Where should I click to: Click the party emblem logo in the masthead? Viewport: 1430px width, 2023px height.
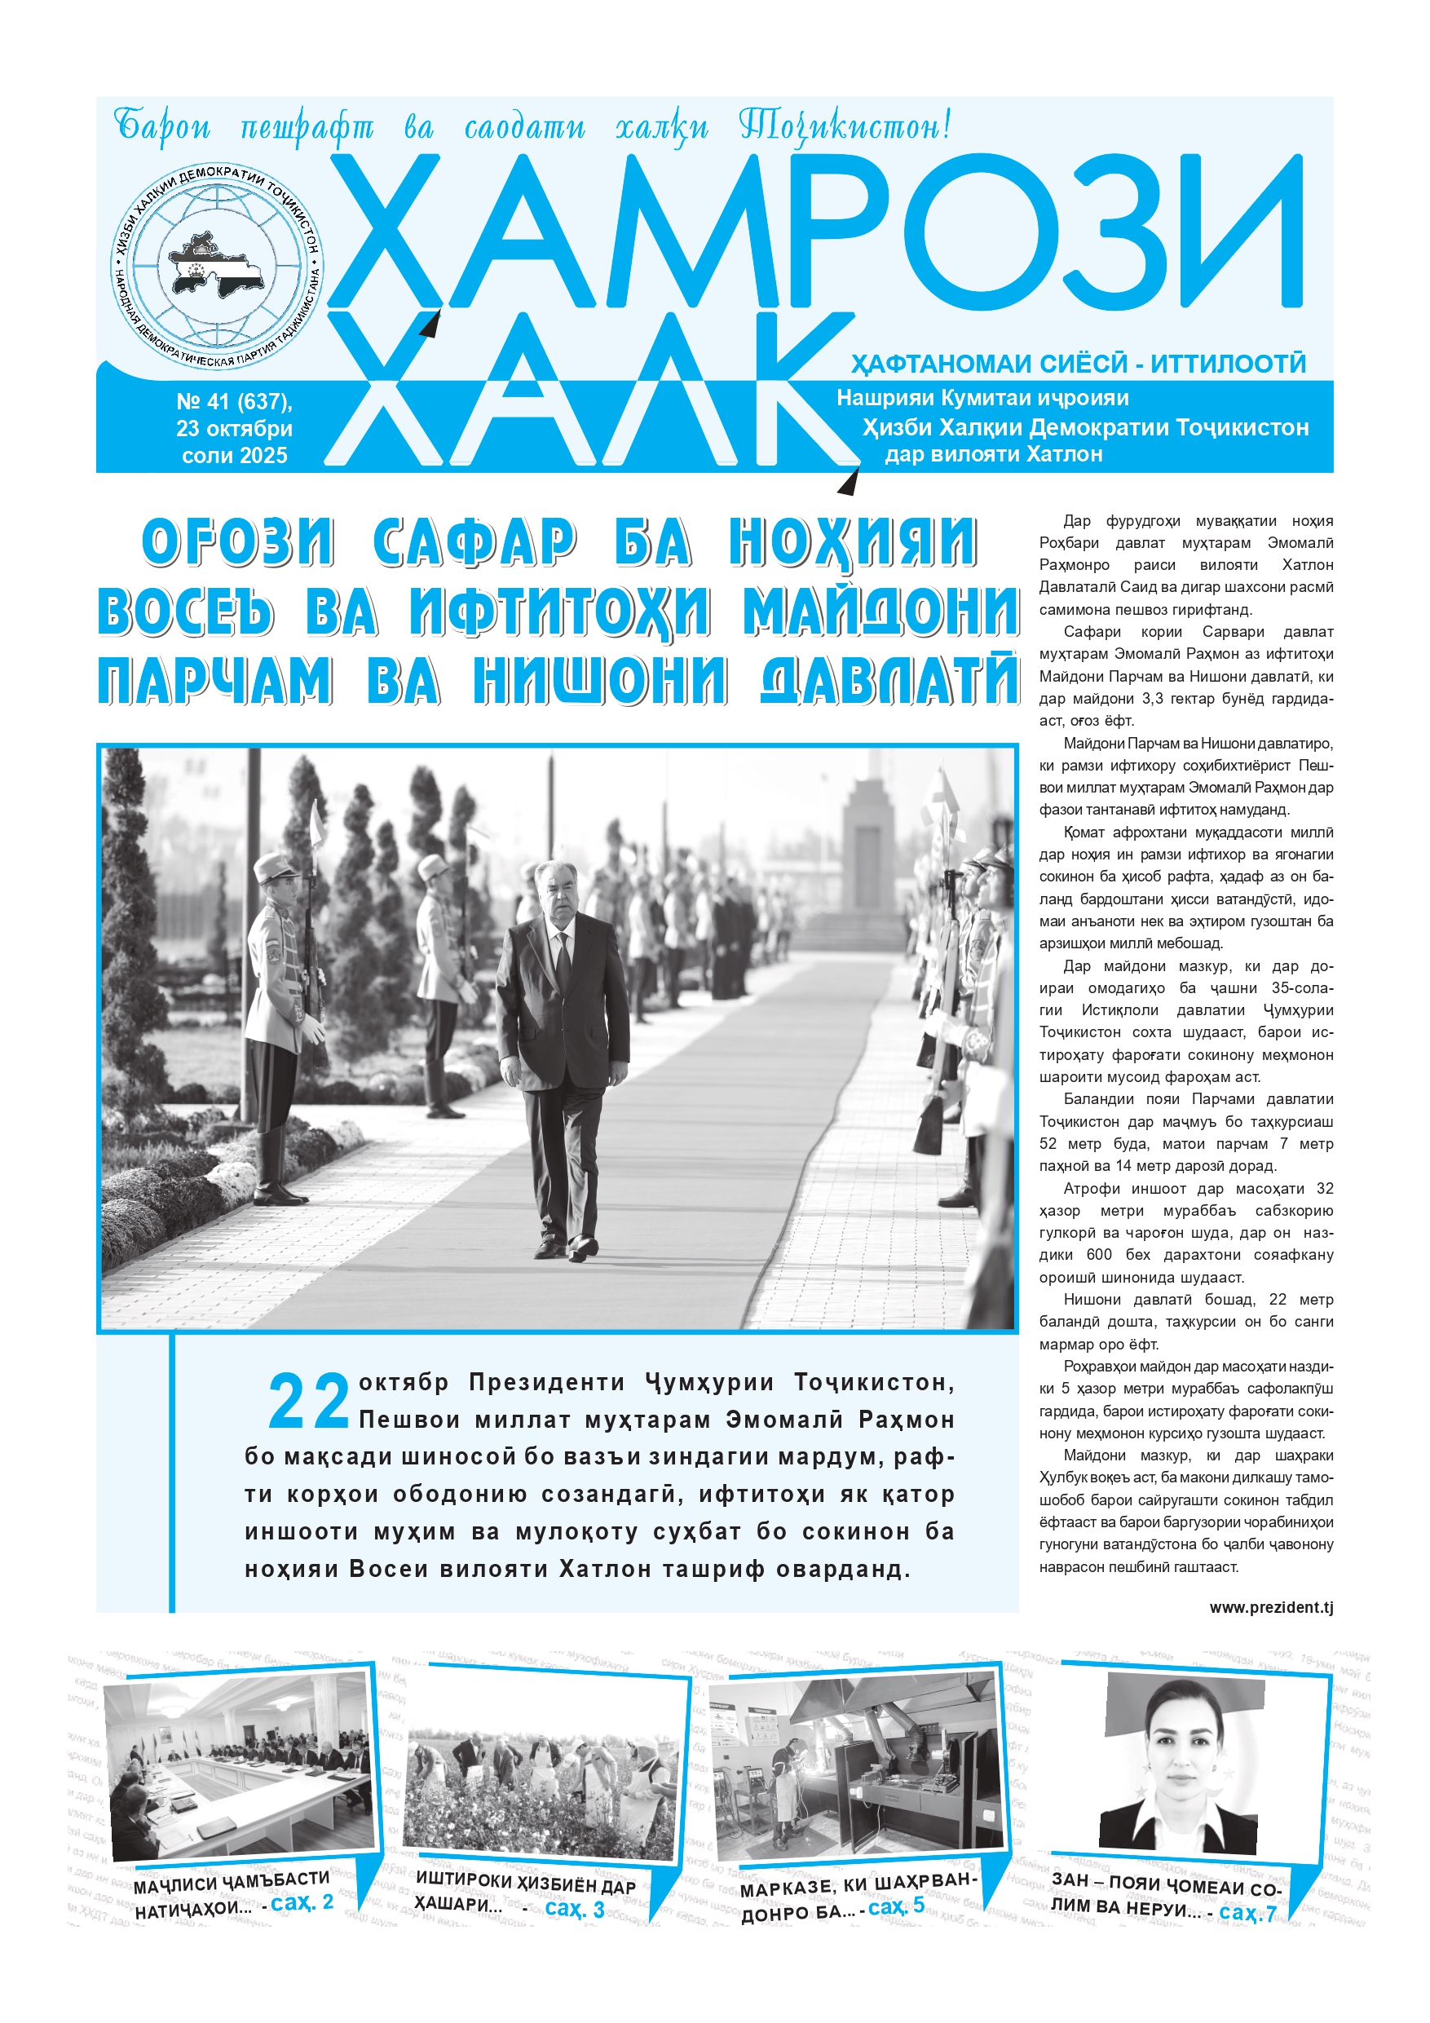218,265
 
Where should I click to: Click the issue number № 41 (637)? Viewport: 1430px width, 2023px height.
234,402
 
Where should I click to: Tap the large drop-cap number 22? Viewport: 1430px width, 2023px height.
308,1401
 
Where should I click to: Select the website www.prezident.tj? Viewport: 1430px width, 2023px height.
1270,1608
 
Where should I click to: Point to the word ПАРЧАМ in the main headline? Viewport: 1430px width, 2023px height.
215,681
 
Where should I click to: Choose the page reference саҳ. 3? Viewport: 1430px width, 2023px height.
575,1909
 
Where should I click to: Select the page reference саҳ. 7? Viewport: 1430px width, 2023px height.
1247,1913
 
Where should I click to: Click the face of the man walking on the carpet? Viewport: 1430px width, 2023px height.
555,894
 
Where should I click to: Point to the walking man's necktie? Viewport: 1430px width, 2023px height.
562,961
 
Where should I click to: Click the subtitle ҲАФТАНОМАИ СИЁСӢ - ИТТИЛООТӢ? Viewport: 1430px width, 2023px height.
1078,364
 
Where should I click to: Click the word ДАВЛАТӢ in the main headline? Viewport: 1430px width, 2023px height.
890,681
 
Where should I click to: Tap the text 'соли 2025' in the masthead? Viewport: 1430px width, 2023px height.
234,456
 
